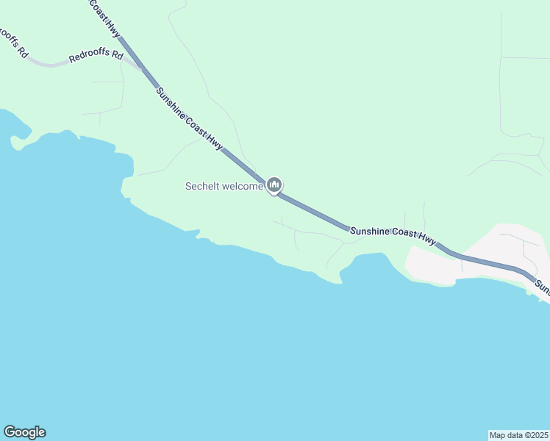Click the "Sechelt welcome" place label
(224, 186)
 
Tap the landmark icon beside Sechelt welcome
(274, 185)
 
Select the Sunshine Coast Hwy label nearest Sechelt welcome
(189, 120)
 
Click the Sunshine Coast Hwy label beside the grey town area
(393, 235)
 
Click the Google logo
(24, 432)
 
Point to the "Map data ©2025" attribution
(518, 435)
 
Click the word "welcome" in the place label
(243, 186)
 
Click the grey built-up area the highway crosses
(485, 254)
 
